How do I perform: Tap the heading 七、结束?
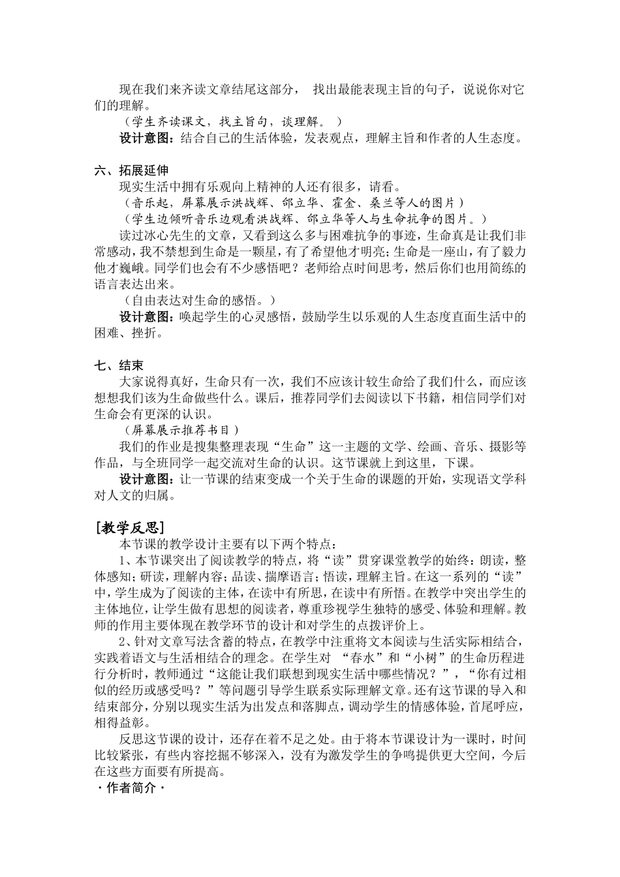click(118, 365)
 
